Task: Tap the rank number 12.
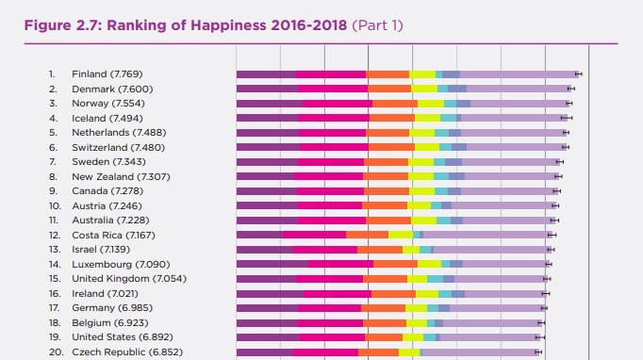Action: [x=52, y=235]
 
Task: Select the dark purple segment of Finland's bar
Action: [x=265, y=74]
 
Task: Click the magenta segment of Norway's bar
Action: [x=337, y=104]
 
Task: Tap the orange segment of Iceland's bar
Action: [x=391, y=118]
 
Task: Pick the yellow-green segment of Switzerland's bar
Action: [x=427, y=147]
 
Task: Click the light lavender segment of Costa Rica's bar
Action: [x=486, y=235]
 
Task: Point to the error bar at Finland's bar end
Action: [x=578, y=74]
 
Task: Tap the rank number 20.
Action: [x=53, y=352]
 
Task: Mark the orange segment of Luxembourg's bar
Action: [x=395, y=264]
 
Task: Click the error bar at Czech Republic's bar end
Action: [x=537, y=352]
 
